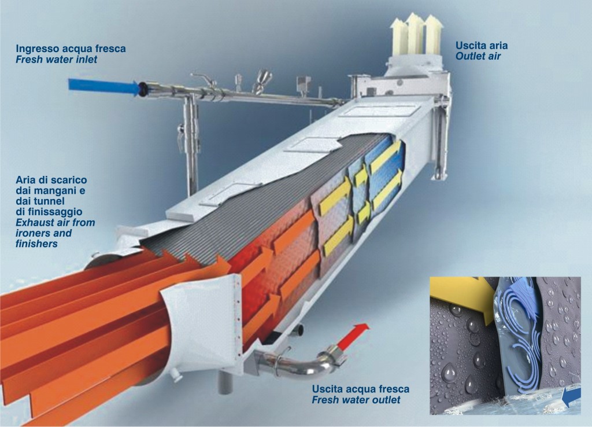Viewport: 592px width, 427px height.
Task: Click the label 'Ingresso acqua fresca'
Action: [71, 49]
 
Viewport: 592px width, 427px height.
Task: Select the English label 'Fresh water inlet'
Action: [56, 60]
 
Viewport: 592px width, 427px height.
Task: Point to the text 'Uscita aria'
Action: [482, 45]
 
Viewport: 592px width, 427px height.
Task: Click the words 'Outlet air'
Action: [478, 56]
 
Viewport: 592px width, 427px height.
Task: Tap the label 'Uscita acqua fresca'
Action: [361, 389]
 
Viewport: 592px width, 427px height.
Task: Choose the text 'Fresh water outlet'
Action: [356, 400]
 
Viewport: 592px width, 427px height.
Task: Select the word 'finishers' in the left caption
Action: [36, 244]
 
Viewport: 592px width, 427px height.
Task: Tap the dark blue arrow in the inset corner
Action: [571, 397]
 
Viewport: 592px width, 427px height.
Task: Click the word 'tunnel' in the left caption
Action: [51, 201]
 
